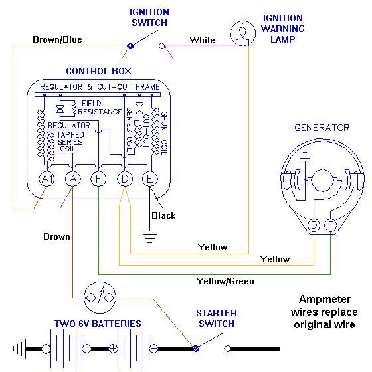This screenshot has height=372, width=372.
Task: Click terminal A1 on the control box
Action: pos(46,179)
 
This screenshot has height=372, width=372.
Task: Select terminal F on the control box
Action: pos(98,179)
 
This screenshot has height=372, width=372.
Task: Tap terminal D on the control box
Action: pos(124,179)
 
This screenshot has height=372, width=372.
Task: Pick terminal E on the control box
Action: pos(150,179)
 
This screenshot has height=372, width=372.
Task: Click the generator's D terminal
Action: pos(314,225)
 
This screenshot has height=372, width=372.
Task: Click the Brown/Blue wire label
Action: pos(57,40)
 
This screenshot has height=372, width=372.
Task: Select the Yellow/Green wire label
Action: pos(225,282)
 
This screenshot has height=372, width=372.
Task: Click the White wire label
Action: pos(202,40)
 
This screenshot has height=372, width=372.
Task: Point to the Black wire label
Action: pos(163,215)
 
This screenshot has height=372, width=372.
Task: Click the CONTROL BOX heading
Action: pos(98,72)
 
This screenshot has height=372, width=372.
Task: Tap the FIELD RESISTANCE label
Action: pos(101,108)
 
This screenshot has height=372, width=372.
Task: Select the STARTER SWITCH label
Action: pos(216,318)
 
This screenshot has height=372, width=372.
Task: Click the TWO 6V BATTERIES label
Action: pos(98,324)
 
